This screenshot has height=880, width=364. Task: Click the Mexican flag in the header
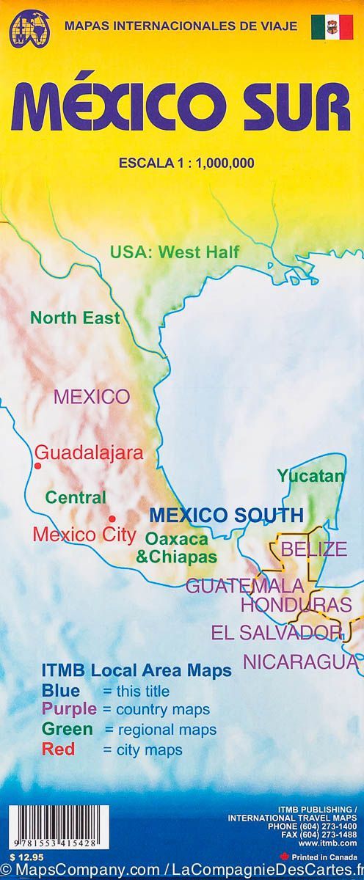point(330,27)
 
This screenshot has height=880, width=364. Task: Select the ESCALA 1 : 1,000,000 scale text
point(186,164)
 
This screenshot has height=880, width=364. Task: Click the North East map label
point(75,318)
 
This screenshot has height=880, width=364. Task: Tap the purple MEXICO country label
point(92,397)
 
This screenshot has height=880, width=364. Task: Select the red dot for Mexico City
point(112,518)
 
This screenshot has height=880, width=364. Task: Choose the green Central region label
point(76,497)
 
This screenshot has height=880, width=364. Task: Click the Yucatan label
point(310,476)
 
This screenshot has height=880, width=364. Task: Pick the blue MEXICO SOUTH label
point(226,514)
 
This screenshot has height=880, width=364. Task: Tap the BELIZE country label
point(314,549)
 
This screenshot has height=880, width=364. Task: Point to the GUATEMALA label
point(244,585)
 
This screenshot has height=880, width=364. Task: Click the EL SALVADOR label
point(277,632)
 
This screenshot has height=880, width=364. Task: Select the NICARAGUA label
point(301,661)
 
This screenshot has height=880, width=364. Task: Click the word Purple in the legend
point(69,709)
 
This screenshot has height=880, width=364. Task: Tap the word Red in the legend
point(59,749)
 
